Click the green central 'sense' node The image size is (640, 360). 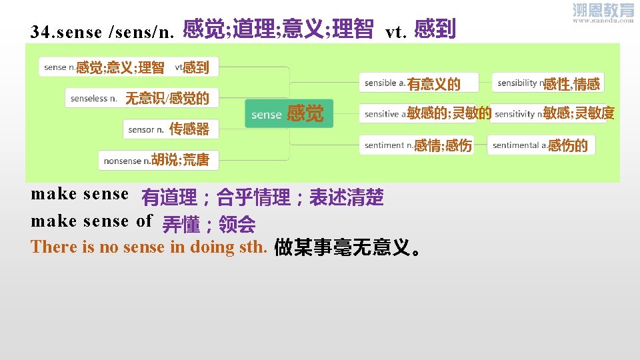coord(267,115)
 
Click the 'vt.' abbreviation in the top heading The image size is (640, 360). coord(397,32)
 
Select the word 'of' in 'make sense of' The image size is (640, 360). coord(145,221)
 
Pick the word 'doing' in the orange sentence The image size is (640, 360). coord(209,247)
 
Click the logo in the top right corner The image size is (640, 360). coord(603,13)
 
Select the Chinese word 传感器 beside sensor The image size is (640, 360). coord(189,129)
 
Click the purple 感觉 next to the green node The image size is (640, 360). coord(305,114)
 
